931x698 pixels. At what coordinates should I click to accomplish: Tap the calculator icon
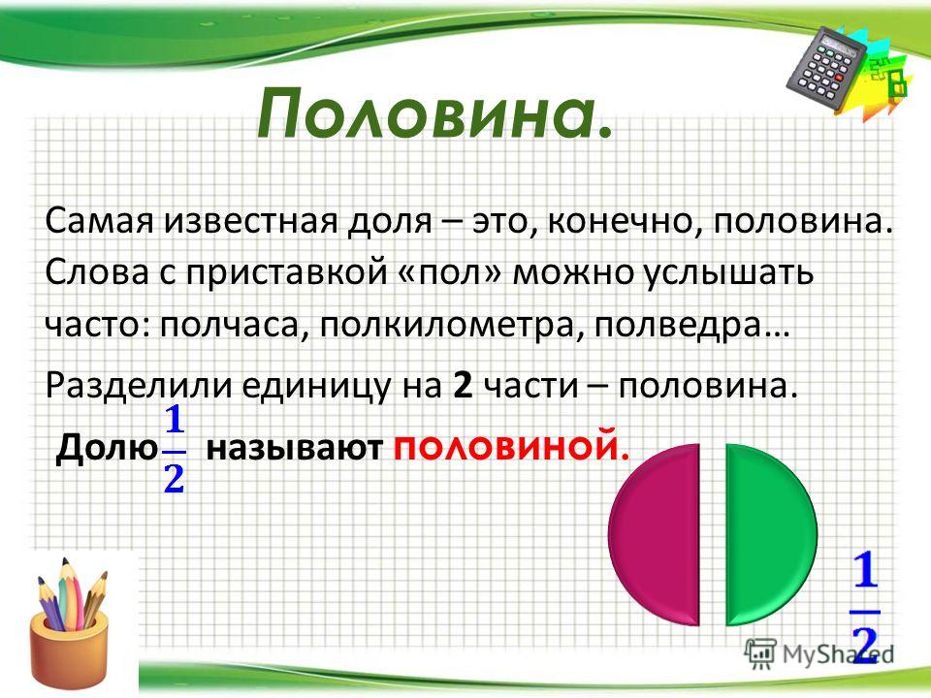[828, 68]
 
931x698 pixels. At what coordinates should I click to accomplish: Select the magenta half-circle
[654, 534]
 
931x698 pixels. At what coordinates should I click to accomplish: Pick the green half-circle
[771, 534]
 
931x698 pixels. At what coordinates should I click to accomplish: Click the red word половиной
[511, 448]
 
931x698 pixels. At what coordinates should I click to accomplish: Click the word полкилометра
[453, 326]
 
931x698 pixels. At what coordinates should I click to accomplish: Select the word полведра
[692, 326]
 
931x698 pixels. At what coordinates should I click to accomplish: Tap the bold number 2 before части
[463, 386]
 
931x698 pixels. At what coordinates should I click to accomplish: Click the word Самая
[99, 222]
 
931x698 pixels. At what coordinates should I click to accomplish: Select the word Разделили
[139, 386]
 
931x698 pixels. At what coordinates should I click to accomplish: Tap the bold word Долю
[107, 448]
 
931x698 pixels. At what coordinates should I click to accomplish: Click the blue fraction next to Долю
[175, 449]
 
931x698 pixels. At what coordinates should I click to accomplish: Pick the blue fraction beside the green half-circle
[866, 605]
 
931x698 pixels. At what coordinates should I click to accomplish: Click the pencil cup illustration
[70, 619]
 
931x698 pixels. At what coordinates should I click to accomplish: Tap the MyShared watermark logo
[819, 652]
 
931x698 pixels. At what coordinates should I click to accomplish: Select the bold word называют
[294, 449]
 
